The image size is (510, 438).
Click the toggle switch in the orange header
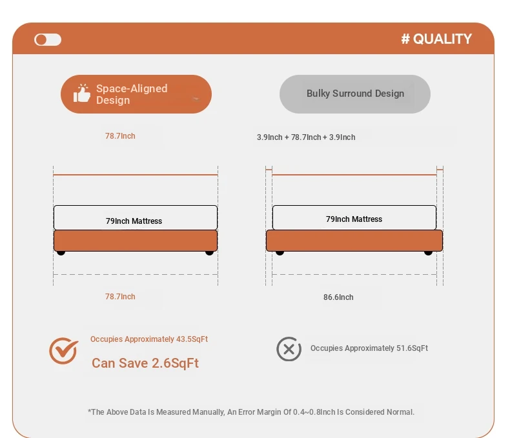[48, 39]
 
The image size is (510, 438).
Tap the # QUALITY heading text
[436, 39]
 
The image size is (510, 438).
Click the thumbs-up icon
[81, 94]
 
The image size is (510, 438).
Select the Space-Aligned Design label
[132, 94]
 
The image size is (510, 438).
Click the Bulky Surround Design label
[355, 94]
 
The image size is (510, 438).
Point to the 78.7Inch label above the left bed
[120, 136]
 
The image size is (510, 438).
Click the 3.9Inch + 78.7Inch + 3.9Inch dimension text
[306, 137]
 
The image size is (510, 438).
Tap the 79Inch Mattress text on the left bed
[134, 221]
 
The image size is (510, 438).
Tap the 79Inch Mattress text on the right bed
[354, 219]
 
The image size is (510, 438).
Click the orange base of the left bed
[136, 241]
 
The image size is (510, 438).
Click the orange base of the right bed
[354, 241]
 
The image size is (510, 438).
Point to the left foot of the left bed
[61, 253]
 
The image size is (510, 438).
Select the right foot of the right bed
[429, 253]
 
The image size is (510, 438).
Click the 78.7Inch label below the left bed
[120, 297]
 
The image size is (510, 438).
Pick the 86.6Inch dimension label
[338, 297]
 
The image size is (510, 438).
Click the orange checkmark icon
[63, 350]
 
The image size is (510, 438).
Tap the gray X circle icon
[289, 349]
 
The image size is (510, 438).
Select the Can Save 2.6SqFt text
[145, 363]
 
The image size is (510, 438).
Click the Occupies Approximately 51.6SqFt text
[369, 348]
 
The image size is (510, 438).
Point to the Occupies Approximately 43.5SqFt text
[149, 339]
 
